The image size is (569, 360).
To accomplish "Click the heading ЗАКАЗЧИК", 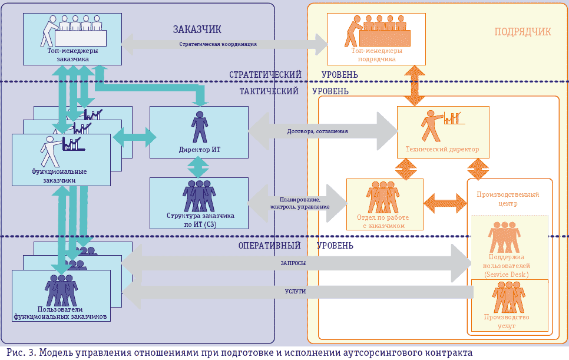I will point(197,29).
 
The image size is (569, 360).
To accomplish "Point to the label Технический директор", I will point(443,149).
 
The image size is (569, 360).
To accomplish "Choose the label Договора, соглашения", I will point(317,131).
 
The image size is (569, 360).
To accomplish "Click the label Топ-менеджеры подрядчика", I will point(376,55).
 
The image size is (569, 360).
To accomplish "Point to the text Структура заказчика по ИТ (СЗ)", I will point(200,220).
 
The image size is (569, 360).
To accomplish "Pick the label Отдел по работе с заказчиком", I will point(385,221).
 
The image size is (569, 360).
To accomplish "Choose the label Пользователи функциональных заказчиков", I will point(61,313).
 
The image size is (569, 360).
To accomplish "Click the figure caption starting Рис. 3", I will point(236,352).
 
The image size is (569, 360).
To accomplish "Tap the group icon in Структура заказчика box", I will point(200,195).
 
